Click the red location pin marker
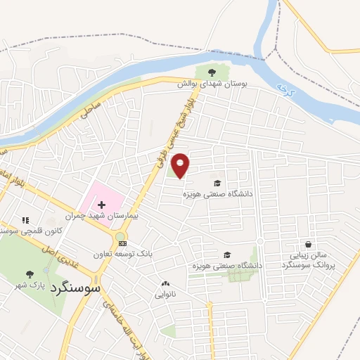pos(181,165)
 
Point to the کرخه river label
pos(283,89)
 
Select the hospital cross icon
pos(102,204)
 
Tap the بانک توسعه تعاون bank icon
pos(123,243)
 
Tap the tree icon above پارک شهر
pos(29,274)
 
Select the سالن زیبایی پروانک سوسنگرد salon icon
pos(309,244)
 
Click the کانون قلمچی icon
pos(26,220)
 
